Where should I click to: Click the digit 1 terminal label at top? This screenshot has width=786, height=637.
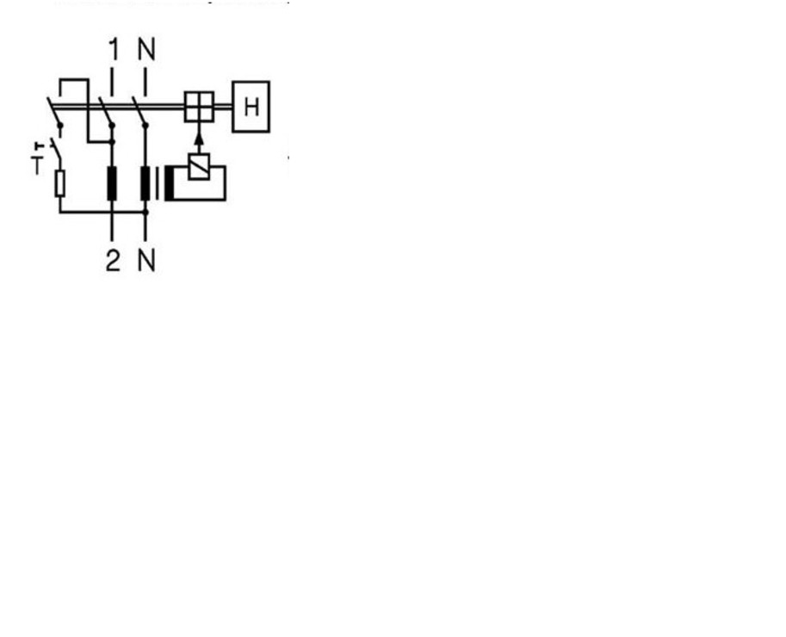[114, 50]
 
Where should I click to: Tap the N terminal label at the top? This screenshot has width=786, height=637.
[147, 50]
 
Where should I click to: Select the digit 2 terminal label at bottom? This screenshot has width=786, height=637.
[114, 261]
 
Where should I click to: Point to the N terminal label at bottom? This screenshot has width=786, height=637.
[147, 261]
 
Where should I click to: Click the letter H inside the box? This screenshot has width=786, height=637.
[251, 108]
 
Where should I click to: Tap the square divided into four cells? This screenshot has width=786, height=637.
[199, 107]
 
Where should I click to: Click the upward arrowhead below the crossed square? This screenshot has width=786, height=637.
[199, 139]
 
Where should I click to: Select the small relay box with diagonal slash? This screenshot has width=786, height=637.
[199, 166]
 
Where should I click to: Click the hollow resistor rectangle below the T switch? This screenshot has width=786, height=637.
[60, 183]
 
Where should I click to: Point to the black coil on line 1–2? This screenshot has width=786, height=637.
[112, 183]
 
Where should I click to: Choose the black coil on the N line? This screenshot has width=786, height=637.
[145, 183]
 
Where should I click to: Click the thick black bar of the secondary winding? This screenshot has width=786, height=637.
[170, 183]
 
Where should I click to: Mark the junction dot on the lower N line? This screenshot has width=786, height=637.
[145, 213]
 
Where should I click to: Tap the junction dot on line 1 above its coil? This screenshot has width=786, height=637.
[112, 142]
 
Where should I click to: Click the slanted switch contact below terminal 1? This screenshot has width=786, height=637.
[106, 111]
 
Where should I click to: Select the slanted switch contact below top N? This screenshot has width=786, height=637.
[139, 111]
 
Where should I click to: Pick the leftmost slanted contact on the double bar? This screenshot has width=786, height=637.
[54, 111]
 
